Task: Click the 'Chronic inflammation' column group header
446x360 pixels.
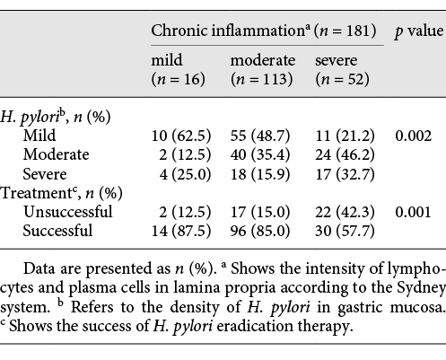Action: click(267, 32)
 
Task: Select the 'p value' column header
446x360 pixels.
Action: click(416, 32)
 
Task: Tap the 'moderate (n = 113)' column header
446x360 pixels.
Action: click(262, 70)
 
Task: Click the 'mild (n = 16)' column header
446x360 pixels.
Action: click(178, 70)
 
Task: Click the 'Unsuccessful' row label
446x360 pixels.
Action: click(68, 212)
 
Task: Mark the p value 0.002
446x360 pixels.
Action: click(414, 136)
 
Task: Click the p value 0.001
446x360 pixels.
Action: click(414, 212)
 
